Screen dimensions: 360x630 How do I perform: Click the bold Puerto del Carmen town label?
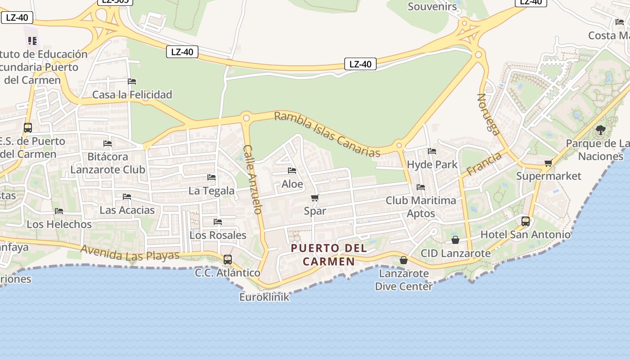(328, 255)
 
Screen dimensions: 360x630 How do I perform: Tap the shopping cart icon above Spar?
(315, 198)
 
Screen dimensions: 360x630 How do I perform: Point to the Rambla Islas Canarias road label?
(327, 134)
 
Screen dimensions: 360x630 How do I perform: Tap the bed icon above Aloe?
(292, 171)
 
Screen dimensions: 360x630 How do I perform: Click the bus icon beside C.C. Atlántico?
(228, 259)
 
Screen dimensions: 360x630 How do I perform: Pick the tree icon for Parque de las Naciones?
(600, 130)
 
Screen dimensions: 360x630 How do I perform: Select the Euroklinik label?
(264, 297)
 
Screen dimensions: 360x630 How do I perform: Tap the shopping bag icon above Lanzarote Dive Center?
(404, 260)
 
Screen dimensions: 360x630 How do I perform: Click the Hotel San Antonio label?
(525, 234)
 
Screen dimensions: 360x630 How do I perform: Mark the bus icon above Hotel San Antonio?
(526, 221)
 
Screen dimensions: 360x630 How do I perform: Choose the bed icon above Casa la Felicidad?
(132, 81)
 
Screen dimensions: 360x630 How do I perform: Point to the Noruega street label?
(488, 114)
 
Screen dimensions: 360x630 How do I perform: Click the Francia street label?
(484, 164)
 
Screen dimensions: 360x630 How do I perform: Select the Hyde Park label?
(432, 164)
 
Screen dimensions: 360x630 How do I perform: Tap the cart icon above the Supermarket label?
(548, 163)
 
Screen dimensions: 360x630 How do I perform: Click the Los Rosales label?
(218, 235)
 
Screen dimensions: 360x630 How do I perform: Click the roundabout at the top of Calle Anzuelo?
(246, 118)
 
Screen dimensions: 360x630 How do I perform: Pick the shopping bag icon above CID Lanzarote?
(455, 240)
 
